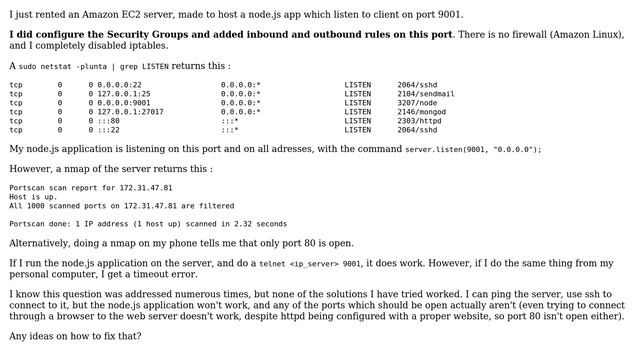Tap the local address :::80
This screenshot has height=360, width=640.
tap(108, 121)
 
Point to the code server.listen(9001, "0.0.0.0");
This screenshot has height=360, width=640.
tap(473, 149)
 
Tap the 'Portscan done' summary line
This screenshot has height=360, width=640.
tap(148, 224)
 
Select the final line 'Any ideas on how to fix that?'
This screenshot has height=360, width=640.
tap(75, 336)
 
